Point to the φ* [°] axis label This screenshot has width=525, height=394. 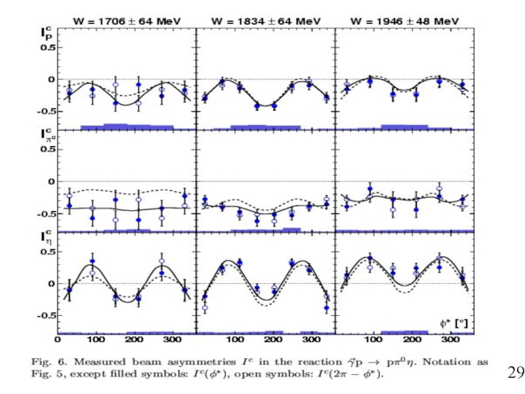(x=455, y=323)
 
